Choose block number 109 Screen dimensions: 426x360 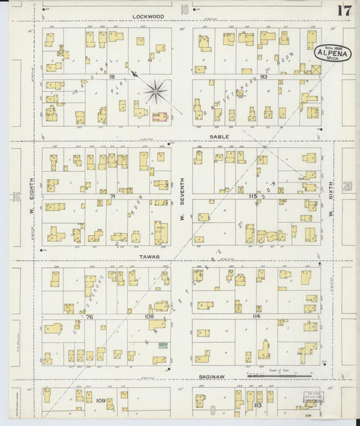pyautogui.click(x=101, y=401)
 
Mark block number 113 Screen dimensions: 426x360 pyautogui.click(x=257, y=404)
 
